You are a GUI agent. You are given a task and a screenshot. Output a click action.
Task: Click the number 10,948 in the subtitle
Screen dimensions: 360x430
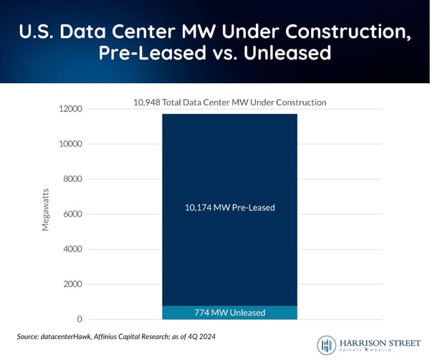click(x=149, y=103)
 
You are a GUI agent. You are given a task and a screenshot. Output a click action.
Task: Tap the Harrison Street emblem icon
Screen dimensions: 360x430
click(x=327, y=344)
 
